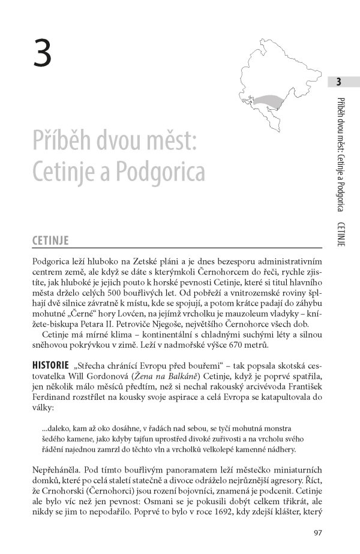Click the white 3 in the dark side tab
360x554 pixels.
click(x=338, y=82)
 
